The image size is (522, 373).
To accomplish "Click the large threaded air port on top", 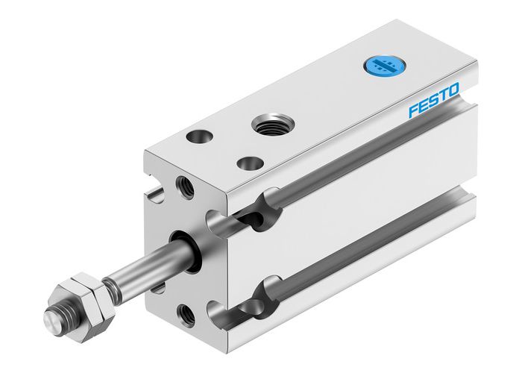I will [x=267, y=122].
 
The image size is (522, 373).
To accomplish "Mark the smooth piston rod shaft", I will [x=142, y=266].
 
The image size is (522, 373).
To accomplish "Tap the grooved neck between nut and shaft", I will [x=109, y=284].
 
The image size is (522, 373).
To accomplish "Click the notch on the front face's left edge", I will [x=156, y=196].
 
